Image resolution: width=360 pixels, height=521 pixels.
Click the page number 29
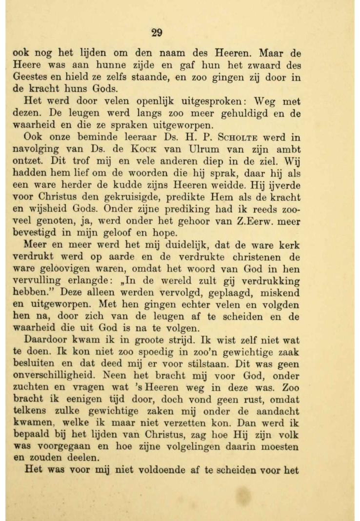pyautogui.click(x=156, y=33)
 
